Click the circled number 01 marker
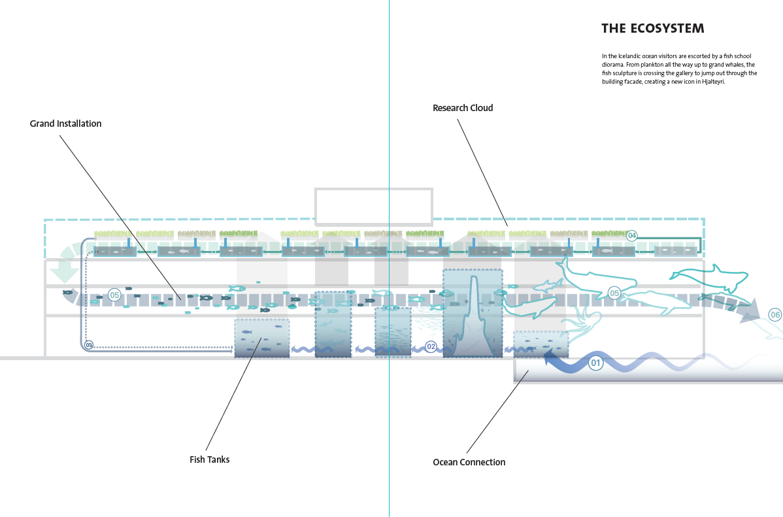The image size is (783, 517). pyautogui.click(x=595, y=362)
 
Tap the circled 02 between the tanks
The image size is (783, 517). pyautogui.click(x=431, y=346)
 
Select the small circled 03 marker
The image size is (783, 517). pyautogui.click(x=90, y=344)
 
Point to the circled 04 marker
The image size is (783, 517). pyautogui.click(x=631, y=235)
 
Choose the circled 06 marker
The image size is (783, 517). pyautogui.click(x=775, y=314)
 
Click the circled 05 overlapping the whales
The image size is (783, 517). pyautogui.click(x=614, y=293)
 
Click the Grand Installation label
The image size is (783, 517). pyautogui.click(x=65, y=124)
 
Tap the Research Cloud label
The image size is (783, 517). pyautogui.click(x=463, y=108)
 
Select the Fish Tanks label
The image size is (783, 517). pyautogui.click(x=209, y=459)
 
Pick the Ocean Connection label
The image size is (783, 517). pyautogui.click(x=469, y=462)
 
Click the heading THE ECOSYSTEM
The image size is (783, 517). pyautogui.click(x=652, y=29)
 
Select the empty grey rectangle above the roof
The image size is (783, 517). pyautogui.click(x=373, y=206)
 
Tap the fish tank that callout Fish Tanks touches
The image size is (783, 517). pyautogui.click(x=261, y=338)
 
